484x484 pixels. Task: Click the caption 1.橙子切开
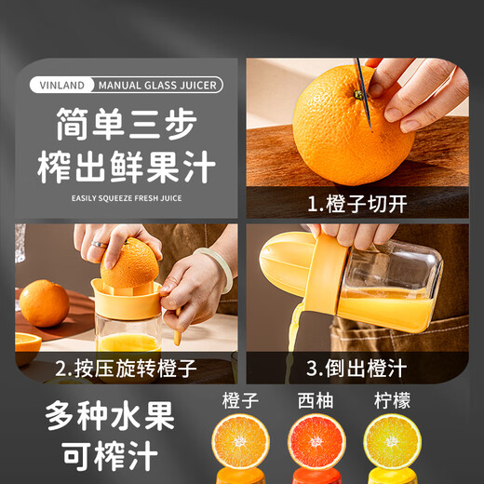(x=356, y=203)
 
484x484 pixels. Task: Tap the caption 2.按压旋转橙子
(x=125, y=367)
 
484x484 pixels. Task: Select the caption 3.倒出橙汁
(x=356, y=367)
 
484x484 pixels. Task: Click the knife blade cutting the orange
(x=364, y=93)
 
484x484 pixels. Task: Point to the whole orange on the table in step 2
(x=44, y=302)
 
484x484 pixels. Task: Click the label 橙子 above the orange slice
(x=241, y=401)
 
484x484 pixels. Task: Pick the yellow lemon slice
(x=392, y=443)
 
